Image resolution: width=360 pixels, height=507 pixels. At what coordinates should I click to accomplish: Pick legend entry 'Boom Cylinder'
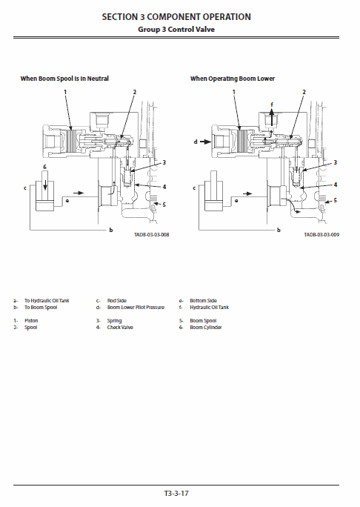[206, 327]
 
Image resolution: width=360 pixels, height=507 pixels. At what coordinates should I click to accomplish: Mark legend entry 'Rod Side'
[117, 300]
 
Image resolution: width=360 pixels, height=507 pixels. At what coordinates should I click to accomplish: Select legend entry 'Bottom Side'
[203, 300]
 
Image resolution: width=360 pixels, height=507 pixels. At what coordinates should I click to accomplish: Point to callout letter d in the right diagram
[196, 140]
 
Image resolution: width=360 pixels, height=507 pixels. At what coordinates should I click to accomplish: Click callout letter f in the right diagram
[272, 104]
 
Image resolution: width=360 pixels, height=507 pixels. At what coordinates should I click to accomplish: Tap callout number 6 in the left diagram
[44, 168]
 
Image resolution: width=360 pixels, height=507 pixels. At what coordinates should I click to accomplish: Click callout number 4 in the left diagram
[164, 186]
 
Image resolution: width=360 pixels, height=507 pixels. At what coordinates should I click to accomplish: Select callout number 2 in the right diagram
[304, 92]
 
